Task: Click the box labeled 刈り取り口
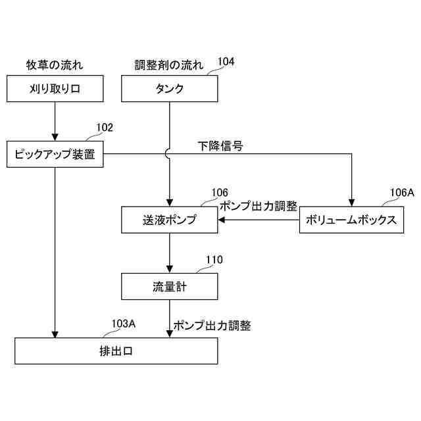55,89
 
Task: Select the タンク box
170,89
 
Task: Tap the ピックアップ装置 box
55,155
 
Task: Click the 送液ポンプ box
170,220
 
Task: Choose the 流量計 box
170,286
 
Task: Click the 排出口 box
116,351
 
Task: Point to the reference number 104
226,62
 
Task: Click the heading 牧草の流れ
55,64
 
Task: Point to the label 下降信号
221,146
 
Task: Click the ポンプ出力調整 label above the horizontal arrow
258,206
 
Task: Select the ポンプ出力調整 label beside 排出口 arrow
212,325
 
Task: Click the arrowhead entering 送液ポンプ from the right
222,220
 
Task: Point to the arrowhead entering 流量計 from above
170,269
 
